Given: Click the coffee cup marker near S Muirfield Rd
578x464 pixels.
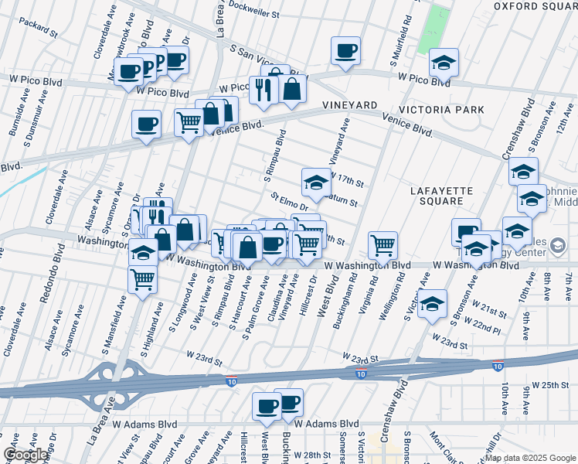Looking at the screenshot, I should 345,51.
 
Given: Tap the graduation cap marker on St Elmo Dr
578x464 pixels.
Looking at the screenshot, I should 315,182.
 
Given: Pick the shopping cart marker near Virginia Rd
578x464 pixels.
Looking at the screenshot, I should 382,245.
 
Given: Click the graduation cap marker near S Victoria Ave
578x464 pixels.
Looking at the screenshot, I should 433,304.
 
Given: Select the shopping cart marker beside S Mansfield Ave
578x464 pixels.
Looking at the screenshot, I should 143,278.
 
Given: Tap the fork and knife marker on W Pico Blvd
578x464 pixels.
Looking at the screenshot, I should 263,89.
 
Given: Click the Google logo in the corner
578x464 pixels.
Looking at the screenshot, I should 25,454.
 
